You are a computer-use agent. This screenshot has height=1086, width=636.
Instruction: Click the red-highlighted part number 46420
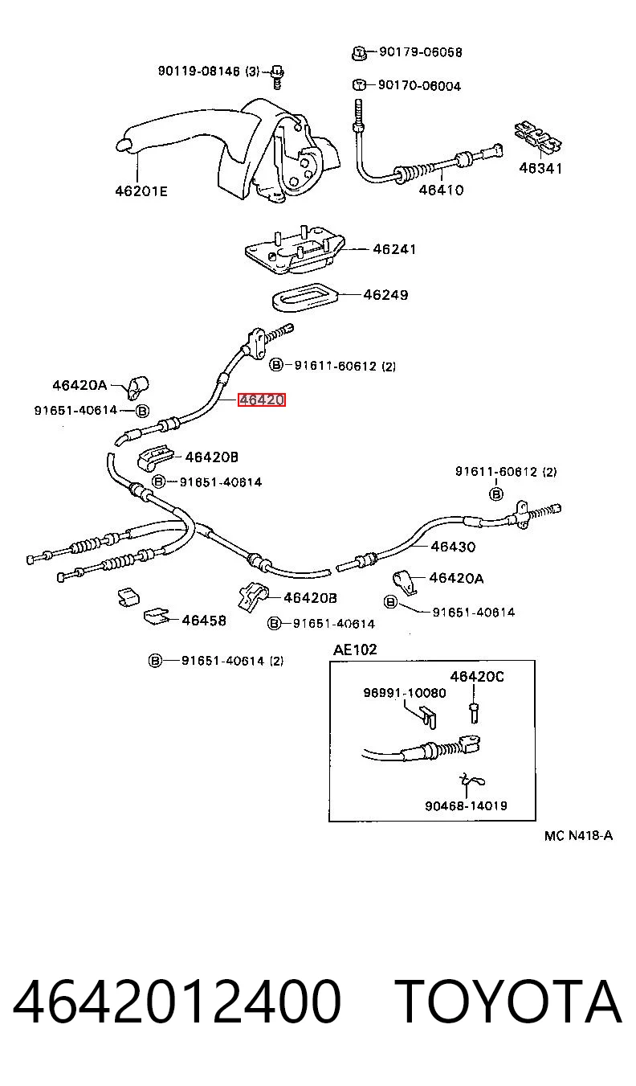(262, 400)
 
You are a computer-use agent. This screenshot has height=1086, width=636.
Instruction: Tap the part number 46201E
(141, 191)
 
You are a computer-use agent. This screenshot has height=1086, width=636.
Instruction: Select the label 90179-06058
(421, 52)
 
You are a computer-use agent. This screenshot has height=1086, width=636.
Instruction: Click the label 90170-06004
(419, 86)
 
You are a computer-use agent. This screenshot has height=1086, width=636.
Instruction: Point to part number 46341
(540, 168)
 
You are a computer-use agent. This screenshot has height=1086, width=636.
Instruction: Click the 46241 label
(394, 249)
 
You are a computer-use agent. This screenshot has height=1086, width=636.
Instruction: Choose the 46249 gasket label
(385, 295)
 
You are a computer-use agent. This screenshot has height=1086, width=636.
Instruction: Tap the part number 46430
(453, 547)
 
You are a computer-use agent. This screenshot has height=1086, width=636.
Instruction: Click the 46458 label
(204, 620)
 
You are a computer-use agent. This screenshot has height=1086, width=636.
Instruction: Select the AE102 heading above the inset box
(355, 650)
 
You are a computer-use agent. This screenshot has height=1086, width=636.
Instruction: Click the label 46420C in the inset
(477, 676)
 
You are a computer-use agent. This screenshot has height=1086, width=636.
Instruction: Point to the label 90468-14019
(466, 805)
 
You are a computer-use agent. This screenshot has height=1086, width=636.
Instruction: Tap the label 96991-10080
(405, 693)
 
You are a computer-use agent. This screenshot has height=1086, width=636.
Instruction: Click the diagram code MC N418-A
(578, 836)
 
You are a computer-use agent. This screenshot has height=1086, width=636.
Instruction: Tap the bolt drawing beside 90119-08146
(277, 77)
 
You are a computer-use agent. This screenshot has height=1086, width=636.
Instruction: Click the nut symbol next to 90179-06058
(358, 52)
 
